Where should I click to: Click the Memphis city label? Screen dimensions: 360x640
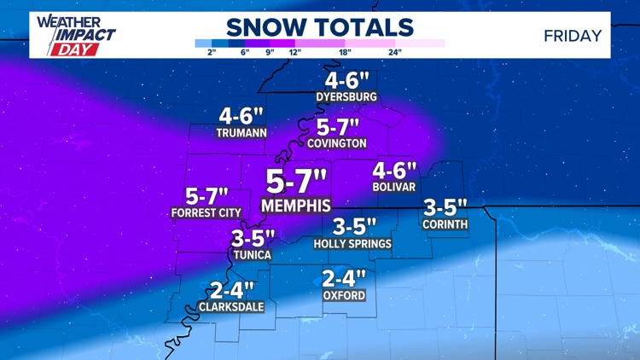296,206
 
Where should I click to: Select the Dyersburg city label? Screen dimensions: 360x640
346,97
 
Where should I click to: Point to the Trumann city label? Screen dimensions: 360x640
241,132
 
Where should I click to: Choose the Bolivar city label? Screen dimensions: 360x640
393,186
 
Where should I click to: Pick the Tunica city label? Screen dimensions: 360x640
252,254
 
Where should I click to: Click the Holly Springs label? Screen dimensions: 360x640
352,244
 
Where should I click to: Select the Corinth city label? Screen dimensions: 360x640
445,224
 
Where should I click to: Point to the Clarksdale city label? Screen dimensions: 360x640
231,306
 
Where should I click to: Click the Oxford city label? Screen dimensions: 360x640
344,295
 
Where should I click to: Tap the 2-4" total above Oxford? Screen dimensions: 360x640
344,278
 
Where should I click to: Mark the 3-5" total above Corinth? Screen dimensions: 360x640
445,207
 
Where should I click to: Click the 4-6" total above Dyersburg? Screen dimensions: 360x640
346,81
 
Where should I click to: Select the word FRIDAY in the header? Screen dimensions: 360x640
573,36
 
